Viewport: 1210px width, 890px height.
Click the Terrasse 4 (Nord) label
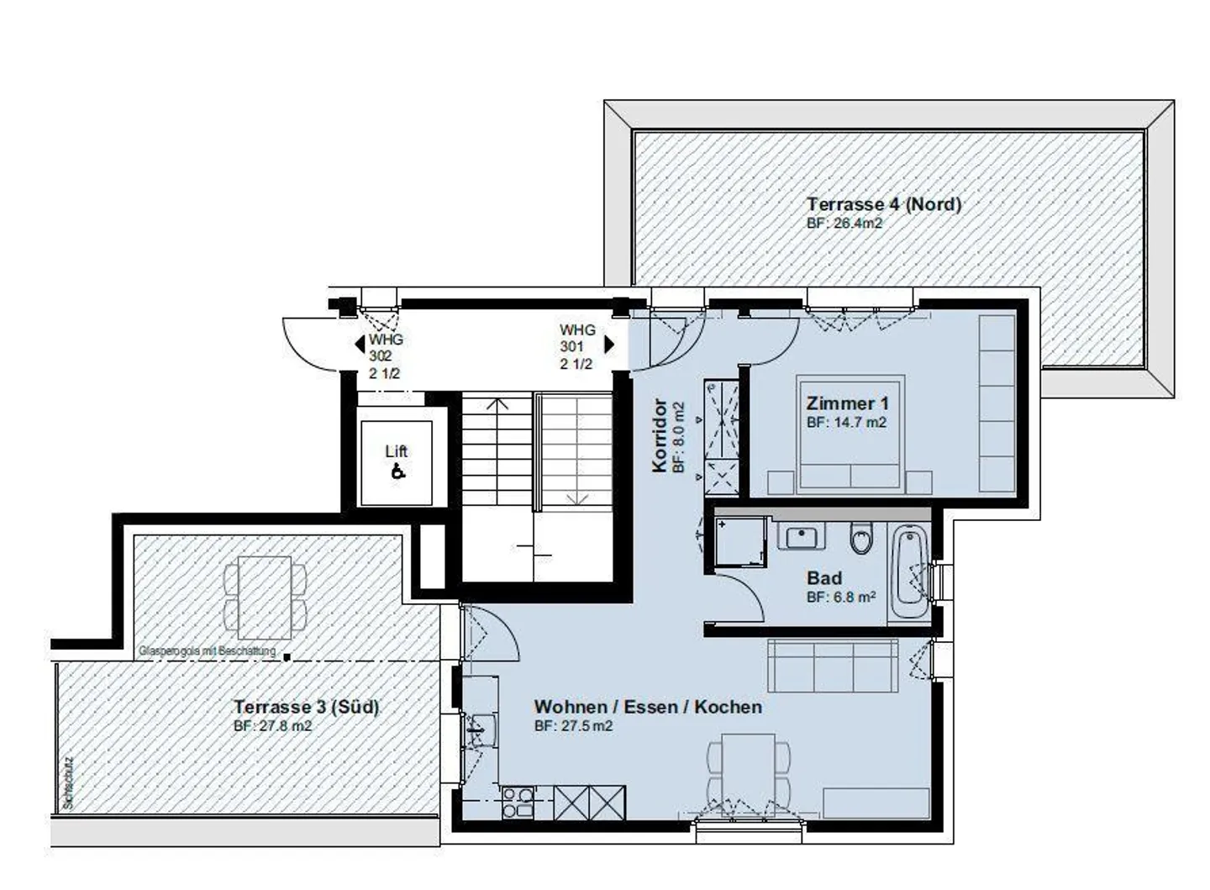point(883,204)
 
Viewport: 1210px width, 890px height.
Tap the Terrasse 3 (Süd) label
point(306,707)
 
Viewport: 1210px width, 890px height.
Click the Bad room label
point(823,578)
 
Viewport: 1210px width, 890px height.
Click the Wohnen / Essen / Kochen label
point(648,707)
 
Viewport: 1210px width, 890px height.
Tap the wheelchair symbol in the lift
point(397,472)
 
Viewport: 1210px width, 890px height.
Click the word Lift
point(397,451)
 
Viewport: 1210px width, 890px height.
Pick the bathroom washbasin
point(801,535)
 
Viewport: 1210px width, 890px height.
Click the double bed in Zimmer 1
point(850,433)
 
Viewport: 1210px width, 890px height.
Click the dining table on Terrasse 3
point(265,596)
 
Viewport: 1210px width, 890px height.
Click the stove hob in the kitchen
point(518,802)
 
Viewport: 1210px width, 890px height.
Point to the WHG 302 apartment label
point(386,356)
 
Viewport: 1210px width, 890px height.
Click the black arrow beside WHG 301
point(609,345)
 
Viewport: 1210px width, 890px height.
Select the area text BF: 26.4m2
point(844,224)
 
